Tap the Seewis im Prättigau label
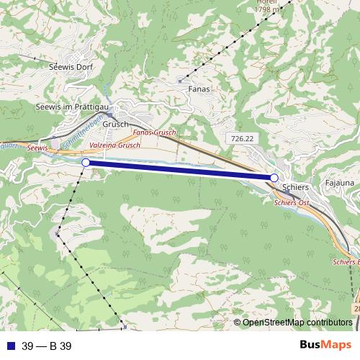pos(72,107)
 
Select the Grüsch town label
pos(115,124)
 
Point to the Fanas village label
pos(199,89)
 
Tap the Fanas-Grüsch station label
pos(155,134)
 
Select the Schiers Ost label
pos(291,204)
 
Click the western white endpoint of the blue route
pos(86,163)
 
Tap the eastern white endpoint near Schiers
pos(274,178)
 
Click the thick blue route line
pos(180,171)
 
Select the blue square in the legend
pos(10,346)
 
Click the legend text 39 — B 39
pos(46,346)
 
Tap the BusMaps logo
pos(325,345)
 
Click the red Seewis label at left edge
pos(37,147)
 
